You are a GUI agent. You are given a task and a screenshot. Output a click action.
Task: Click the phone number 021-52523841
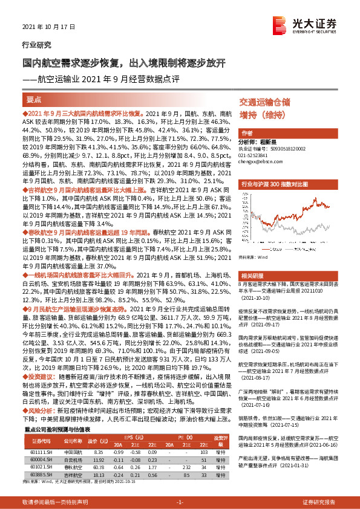point(256,156)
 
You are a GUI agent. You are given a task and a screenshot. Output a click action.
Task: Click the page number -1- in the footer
point(179,502)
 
